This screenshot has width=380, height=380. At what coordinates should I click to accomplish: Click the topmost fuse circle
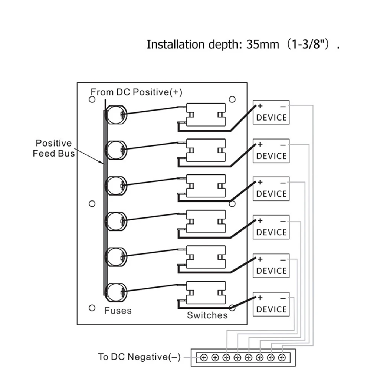pyautogui.click(x=116, y=114)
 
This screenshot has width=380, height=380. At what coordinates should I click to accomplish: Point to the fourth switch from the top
pyautogui.click(x=206, y=222)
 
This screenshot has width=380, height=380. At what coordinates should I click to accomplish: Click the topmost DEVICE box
pyautogui.click(x=271, y=112)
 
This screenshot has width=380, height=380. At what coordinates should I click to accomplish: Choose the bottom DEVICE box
pyautogui.click(x=271, y=304)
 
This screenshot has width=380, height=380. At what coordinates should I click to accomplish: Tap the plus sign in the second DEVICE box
pyautogui.click(x=260, y=144)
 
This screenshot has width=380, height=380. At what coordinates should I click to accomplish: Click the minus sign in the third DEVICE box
pyautogui.click(x=283, y=183)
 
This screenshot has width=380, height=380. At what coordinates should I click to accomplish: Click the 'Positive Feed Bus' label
pyautogui.click(x=53, y=148)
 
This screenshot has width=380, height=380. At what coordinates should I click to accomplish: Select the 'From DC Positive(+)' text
pyautogui.click(x=137, y=92)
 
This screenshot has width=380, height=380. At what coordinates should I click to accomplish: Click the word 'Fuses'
pyautogui.click(x=118, y=310)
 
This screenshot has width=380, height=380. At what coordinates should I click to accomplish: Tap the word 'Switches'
pyautogui.click(x=207, y=315)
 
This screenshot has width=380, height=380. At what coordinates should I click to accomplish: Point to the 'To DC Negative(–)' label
pyautogui.click(x=139, y=357)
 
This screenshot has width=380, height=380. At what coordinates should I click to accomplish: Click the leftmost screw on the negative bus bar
pyautogui.click(x=204, y=358)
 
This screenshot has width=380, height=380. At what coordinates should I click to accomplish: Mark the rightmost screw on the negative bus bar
pyautogui.click(x=282, y=358)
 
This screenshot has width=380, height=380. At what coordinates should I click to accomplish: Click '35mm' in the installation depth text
pyautogui.click(x=263, y=45)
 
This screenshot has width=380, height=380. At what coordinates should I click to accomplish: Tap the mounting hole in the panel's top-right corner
pyautogui.click(x=232, y=99)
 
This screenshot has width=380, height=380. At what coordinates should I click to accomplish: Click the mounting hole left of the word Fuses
pyautogui.click(x=92, y=308)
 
